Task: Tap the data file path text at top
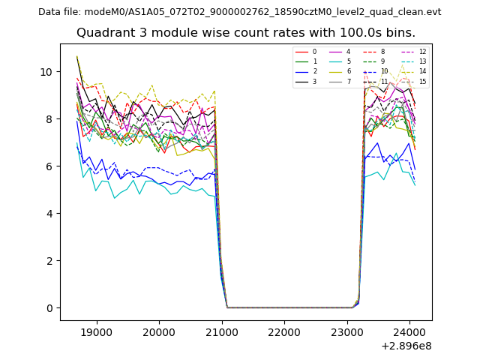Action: (x=239, y=11)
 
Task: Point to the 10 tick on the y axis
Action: (x=46, y=72)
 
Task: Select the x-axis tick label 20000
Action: (x=159, y=331)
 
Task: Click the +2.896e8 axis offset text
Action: (x=405, y=346)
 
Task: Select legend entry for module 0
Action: (x=314, y=52)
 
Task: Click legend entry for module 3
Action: (x=314, y=82)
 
